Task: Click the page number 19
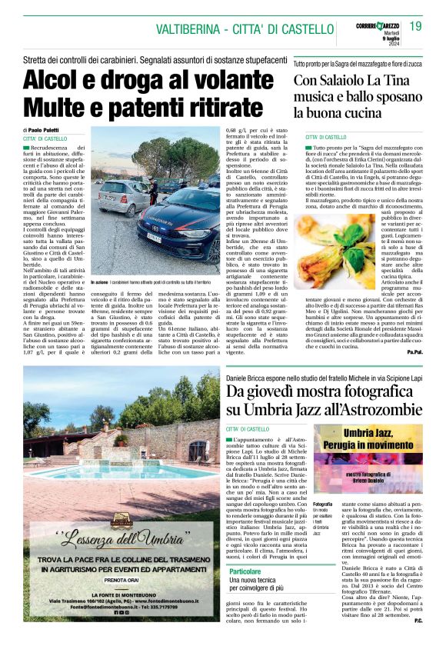[416, 27]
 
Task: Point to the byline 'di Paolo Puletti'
[45, 131]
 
